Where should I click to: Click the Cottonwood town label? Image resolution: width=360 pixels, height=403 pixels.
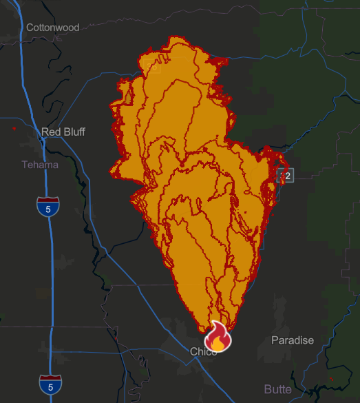click(52, 28)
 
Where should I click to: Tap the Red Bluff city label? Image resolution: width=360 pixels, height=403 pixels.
click(63, 132)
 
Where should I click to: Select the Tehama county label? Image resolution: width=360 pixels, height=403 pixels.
click(40, 165)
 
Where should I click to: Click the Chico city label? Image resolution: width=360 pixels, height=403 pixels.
click(203, 352)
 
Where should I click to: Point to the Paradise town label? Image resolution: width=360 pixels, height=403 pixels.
click(293, 340)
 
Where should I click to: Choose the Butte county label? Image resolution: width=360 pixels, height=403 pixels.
click(277, 389)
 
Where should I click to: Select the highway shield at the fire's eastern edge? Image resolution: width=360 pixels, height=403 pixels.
click(286, 176)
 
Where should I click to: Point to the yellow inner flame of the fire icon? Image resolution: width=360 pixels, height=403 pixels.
click(218, 340)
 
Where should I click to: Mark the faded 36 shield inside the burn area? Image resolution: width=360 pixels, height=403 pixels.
click(153, 67)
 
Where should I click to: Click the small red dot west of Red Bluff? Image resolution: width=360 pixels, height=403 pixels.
click(14, 128)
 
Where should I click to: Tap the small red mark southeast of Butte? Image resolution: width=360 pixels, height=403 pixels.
click(332, 379)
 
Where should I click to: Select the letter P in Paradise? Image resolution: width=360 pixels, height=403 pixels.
click(275, 340)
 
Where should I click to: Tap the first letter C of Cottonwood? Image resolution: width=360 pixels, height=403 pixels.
click(30, 28)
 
